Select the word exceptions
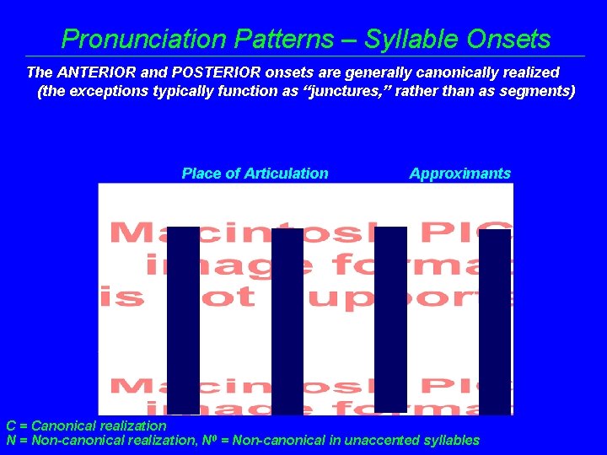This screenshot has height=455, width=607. (x=108, y=91)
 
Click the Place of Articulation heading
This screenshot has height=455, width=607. (x=255, y=174)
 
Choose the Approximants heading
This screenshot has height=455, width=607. (x=459, y=174)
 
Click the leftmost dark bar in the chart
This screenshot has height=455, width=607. (x=183, y=320)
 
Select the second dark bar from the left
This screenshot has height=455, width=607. (x=287, y=322)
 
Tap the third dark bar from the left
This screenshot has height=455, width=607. (x=390, y=320)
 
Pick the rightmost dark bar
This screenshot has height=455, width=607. (x=495, y=322)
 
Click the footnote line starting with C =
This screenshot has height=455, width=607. (x=86, y=426)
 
